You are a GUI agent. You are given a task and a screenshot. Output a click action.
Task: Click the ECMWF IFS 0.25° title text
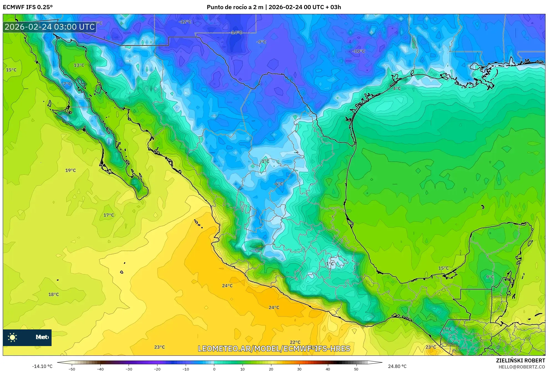point(28,7)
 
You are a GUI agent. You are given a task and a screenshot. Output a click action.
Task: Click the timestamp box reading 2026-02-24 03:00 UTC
point(50,27)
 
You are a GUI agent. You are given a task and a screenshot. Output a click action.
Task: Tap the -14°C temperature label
point(236,32)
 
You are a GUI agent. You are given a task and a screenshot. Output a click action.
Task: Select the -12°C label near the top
point(185,22)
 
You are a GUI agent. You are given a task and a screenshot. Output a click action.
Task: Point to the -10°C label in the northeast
point(359,51)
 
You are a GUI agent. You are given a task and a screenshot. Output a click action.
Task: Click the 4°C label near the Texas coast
point(397,88)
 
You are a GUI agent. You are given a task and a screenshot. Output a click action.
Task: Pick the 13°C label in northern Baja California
point(79,65)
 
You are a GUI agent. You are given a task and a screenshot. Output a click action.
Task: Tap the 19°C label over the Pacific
point(70,170)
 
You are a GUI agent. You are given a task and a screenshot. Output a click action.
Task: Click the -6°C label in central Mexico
point(278,184)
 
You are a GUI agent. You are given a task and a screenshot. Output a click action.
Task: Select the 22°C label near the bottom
point(295,342)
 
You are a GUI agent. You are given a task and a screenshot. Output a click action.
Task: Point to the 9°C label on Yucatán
point(490,277)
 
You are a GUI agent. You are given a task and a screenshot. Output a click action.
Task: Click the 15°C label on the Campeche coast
point(443,268)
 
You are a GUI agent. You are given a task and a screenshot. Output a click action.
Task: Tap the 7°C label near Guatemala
point(447,329)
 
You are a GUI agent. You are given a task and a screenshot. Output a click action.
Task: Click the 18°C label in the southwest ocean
point(53,294)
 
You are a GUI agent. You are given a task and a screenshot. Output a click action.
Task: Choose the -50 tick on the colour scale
point(72,369)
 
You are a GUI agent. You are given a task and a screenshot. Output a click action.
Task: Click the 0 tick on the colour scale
point(214,369)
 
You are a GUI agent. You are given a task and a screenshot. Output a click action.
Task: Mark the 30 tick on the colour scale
point(299,369)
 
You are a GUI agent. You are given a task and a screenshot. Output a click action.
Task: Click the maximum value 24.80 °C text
point(397,366)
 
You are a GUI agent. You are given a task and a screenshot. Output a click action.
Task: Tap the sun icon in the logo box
point(12,337)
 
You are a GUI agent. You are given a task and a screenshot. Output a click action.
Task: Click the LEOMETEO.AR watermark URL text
point(274,349)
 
